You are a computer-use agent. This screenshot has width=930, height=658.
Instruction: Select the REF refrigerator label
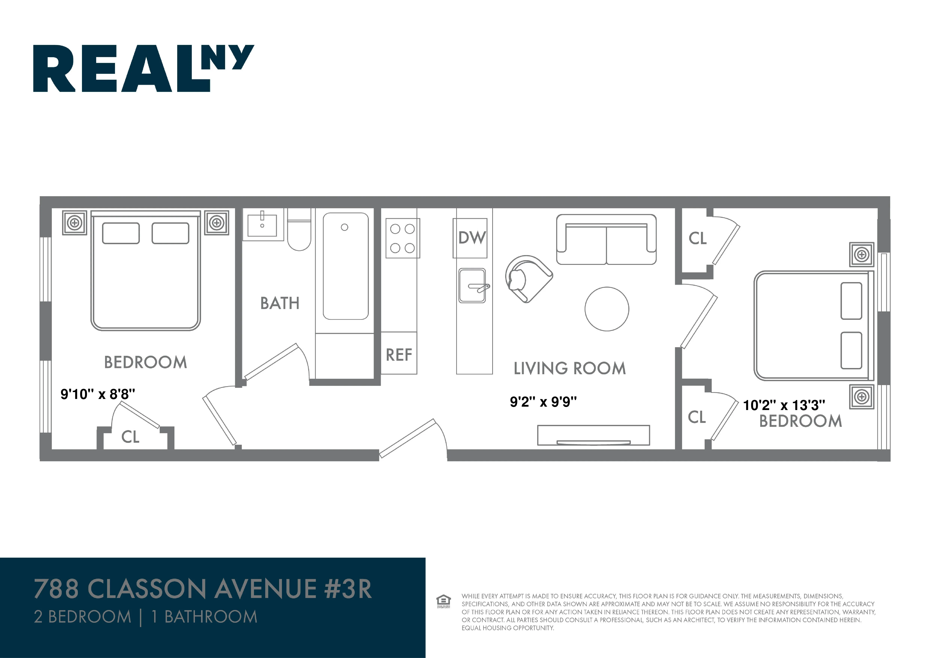tap(399, 355)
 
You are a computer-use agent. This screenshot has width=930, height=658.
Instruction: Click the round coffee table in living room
tap(607, 309)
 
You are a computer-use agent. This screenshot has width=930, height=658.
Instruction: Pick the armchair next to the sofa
tap(527, 279)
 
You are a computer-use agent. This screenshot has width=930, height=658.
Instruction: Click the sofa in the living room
tap(606, 240)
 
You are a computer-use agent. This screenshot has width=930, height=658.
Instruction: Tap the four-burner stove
tap(402, 238)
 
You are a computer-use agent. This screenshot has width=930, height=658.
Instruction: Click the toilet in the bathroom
tap(299, 235)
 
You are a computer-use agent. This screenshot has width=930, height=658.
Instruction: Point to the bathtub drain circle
tap(344, 227)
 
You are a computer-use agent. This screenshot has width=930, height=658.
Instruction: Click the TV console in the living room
tap(593, 435)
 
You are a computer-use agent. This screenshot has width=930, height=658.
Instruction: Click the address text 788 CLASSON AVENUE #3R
tap(203, 589)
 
